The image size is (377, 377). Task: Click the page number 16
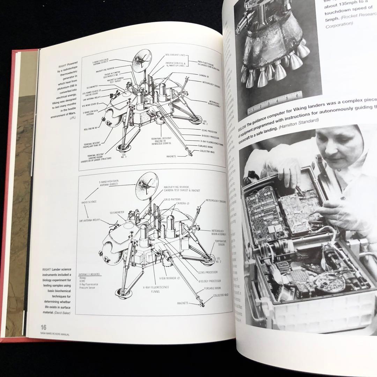click(43, 327)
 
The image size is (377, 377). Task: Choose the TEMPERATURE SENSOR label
click(220, 243)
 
